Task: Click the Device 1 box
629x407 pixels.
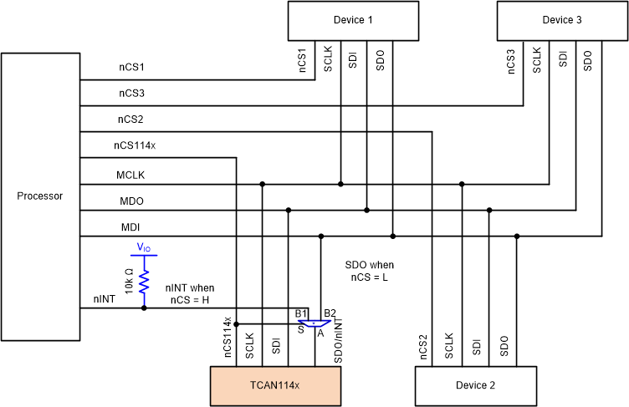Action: coord(353,20)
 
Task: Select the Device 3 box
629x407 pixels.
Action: coord(562,20)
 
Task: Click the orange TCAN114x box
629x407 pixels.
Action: coord(275,385)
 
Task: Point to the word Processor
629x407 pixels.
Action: coord(40,196)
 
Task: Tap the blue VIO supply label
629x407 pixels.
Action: coord(144,248)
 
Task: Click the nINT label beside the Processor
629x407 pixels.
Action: coord(105,298)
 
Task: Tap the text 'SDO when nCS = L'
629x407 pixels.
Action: coord(369,271)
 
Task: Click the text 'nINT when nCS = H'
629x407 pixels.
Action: coord(191,293)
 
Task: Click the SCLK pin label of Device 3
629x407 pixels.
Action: coord(537,61)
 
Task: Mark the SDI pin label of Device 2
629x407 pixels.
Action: coord(476,345)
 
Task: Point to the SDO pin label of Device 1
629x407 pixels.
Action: coord(380,61)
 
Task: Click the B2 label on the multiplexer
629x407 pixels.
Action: coord(330,313)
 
